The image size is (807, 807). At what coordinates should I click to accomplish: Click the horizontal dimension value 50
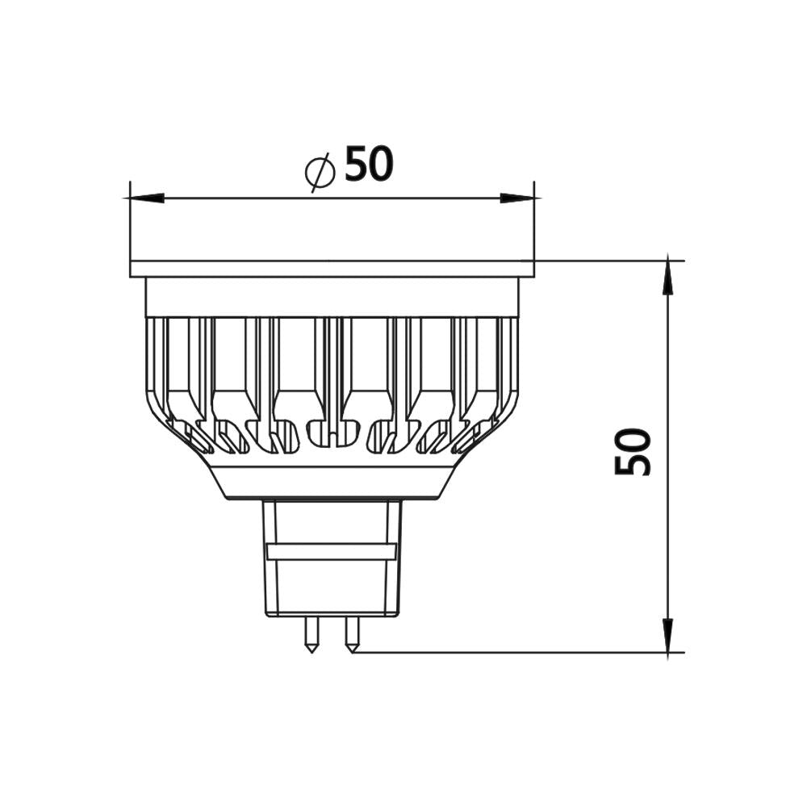[369, 164]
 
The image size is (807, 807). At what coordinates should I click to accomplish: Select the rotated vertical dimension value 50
[633, 452]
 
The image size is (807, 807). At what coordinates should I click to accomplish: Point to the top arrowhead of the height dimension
[668, 276]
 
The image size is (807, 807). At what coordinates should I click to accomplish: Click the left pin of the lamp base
[312, 634]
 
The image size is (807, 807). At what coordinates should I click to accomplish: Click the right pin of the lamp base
[352, 634]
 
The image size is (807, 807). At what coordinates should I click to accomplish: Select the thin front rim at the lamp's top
[332, 269]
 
